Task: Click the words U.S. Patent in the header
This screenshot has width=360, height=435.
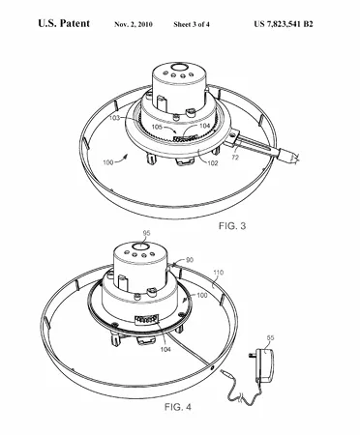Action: click(64, 23)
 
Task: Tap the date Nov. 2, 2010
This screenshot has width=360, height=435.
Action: click(134, 24)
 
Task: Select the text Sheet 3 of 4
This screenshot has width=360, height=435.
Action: click(192, 24)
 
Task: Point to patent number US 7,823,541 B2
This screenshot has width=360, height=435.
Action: click(284, 24)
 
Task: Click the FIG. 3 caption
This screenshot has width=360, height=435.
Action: click(232, 226)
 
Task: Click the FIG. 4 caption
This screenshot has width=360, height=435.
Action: click(178, 407)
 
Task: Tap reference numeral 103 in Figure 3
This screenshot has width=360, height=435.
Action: click(114, 118)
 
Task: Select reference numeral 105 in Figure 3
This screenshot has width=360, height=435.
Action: click(157, 127)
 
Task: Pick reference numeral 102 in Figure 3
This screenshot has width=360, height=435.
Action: click(212, 162)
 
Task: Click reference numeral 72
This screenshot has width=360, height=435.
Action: click(235, 158)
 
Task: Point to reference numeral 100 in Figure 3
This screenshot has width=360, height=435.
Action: click(108, 162)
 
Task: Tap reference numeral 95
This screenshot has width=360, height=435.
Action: click(147, 233)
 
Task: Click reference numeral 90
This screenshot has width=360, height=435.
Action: click(190, 260)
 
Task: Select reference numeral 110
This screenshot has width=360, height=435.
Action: click(219, 273)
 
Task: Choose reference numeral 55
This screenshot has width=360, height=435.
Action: click(270, 337)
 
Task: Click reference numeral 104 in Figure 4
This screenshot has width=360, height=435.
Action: click(165, 349)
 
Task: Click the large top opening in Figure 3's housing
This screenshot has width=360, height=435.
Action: click(179, 68)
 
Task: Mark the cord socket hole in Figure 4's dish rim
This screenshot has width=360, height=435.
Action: click(213, 368)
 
